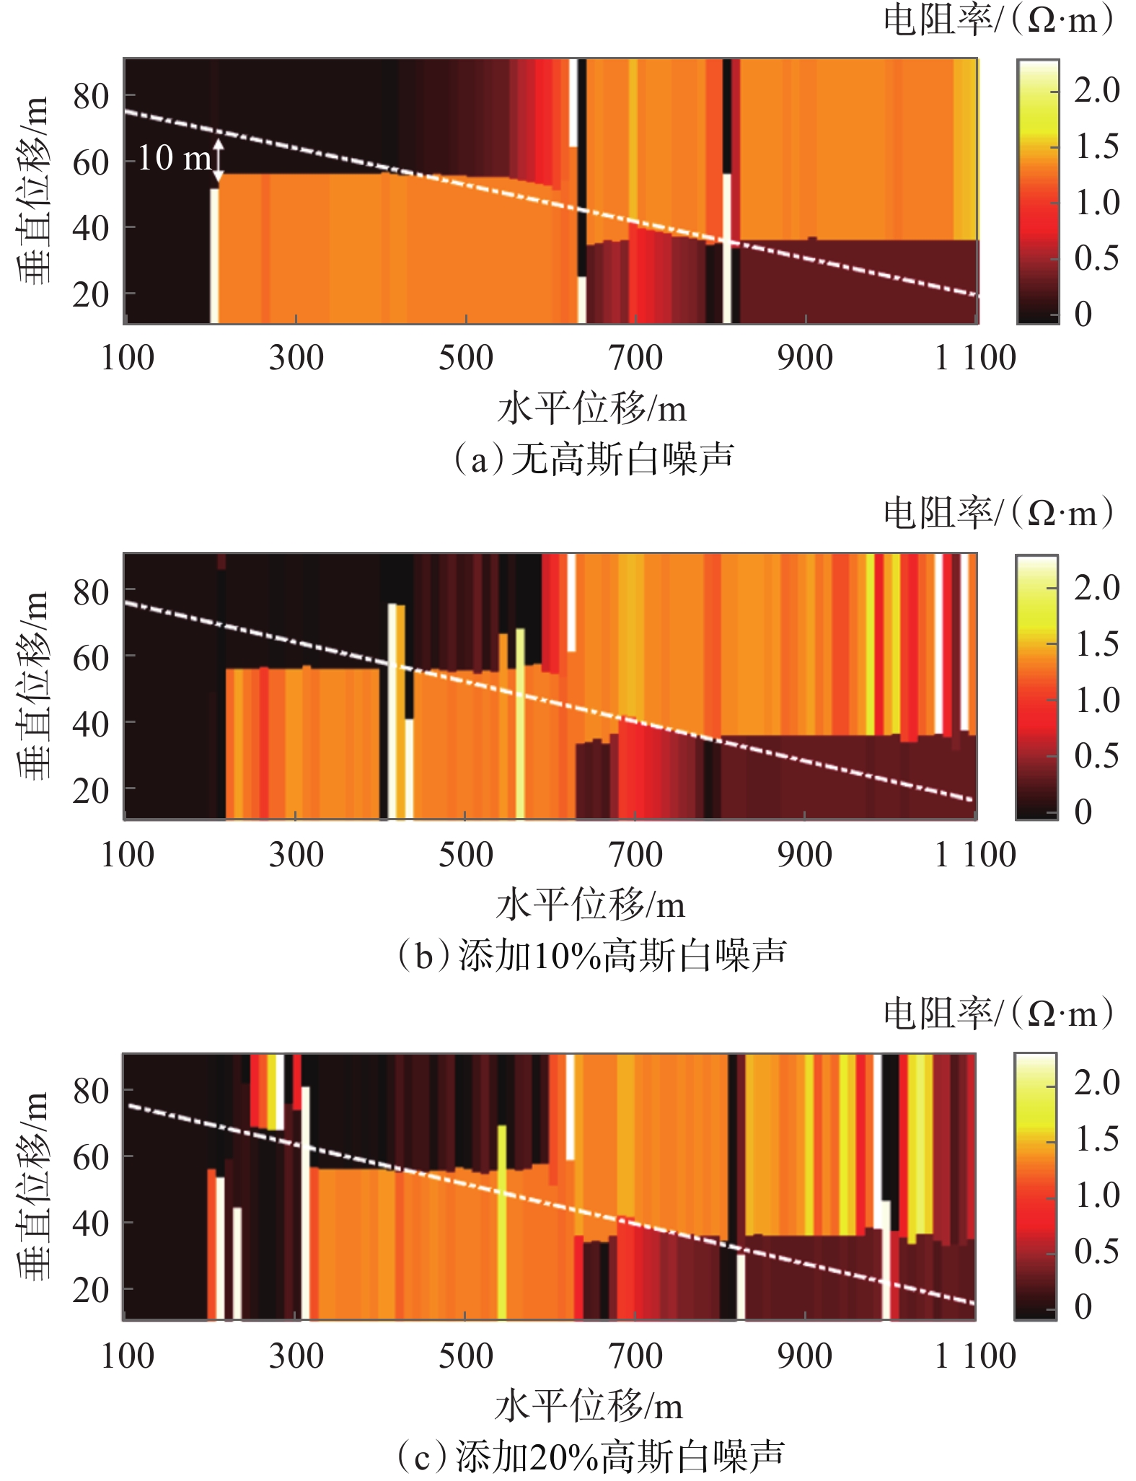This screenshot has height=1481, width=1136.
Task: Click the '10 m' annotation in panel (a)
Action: (175, 158)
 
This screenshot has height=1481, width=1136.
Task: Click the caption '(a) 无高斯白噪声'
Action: (593, 459)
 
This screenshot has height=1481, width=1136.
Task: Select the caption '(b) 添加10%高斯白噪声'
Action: (591, 956)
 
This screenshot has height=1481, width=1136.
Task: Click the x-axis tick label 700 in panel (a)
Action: (635, 358)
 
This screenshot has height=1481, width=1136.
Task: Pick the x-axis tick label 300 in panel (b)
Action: (296, 855)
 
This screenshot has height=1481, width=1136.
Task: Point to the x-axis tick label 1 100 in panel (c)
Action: (974, 1355)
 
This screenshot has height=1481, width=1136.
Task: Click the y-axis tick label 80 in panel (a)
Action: (91, 96)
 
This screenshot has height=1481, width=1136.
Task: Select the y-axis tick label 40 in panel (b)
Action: (91, 724)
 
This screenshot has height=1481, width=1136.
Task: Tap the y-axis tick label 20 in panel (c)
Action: (91, 1290)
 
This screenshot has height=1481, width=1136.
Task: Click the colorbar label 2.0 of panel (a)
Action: (1096, 90)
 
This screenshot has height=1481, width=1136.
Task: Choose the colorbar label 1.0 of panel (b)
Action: (1096, 700)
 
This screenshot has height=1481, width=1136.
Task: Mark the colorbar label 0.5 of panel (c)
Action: (1096, 1252)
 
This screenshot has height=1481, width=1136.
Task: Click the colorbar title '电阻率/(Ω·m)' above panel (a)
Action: (999, 20)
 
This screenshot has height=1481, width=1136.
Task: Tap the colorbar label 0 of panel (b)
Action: (1083, 812)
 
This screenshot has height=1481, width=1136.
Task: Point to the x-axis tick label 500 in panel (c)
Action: (465, 1355)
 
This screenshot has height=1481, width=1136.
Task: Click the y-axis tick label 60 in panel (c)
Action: (91, 1158)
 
